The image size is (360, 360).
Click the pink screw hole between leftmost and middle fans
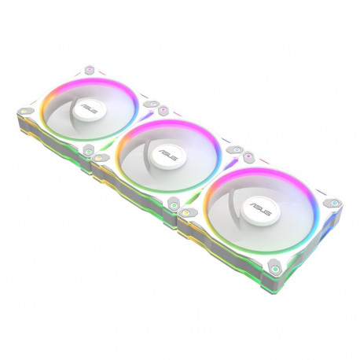point(163,111)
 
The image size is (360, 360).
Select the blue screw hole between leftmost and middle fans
point(147,103)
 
